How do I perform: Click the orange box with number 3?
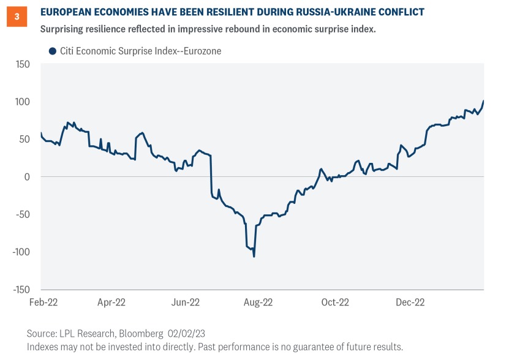(16, 17)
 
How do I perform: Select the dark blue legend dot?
(52, 51)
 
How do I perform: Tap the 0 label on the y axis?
(27, 176)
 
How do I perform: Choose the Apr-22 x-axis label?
(111, 302)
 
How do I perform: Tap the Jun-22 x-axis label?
(186, 302)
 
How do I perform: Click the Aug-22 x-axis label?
(258, 302)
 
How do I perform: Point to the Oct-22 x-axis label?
(335, 302)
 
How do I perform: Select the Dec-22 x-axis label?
(410, 302)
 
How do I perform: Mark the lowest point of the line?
(254, 256)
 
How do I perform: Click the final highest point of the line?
(483, 101)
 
